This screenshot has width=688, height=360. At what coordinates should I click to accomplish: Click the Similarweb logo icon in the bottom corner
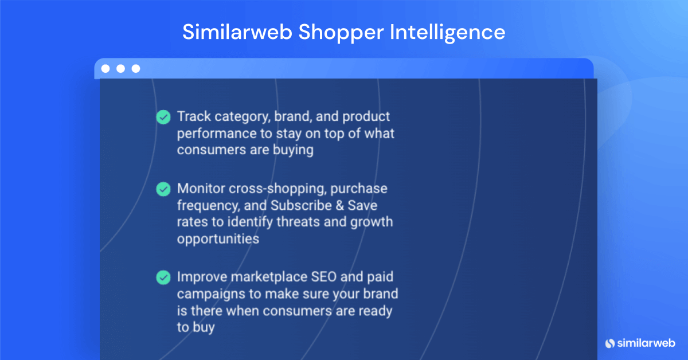609,343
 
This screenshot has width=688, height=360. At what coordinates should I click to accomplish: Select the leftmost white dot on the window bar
105,69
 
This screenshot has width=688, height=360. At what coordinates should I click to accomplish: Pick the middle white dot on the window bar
120,69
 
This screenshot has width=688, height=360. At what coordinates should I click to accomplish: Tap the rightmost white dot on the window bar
136,69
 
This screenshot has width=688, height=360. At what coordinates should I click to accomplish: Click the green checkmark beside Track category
163,117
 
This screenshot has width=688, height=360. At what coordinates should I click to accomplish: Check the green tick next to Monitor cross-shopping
163,189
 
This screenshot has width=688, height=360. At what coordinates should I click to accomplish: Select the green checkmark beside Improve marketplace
163,277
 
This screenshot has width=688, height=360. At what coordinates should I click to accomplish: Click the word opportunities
218,238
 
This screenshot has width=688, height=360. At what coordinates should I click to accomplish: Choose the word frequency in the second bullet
207,205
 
